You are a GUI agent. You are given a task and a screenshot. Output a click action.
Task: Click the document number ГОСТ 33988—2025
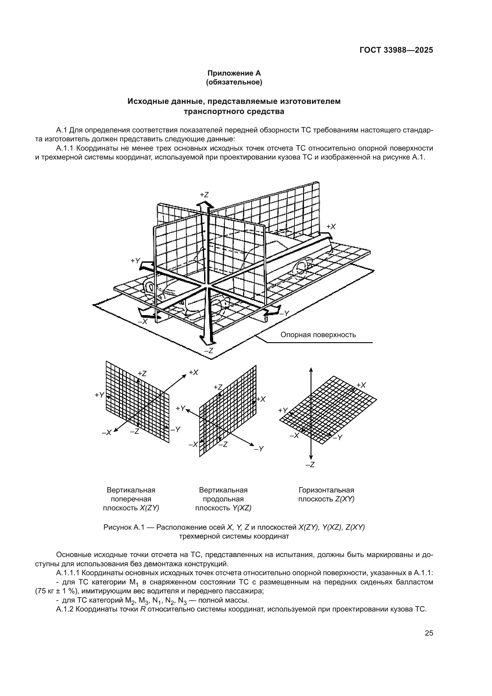(x=396, y=50)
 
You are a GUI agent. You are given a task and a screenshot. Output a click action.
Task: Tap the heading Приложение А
(x=234, y=73)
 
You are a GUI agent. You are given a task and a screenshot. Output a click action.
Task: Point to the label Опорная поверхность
(x=318, y=335)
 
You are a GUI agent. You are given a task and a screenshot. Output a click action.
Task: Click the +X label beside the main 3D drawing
(x=331, y=226)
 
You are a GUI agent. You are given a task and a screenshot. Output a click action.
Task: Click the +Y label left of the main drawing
(x=135, y=261)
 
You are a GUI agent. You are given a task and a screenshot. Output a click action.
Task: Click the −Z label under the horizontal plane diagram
(x=310, y=465)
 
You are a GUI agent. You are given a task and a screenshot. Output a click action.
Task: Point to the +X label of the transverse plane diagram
(x=193, y=373)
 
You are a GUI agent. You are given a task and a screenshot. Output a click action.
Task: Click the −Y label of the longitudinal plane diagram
(x=259, y=449)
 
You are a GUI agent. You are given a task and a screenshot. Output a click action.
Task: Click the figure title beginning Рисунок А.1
(x=234, y=528)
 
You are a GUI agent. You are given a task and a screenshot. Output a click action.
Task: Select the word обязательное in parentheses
(x=234, y=82)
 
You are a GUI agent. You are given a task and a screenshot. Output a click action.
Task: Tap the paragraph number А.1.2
(x=65, y=610)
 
